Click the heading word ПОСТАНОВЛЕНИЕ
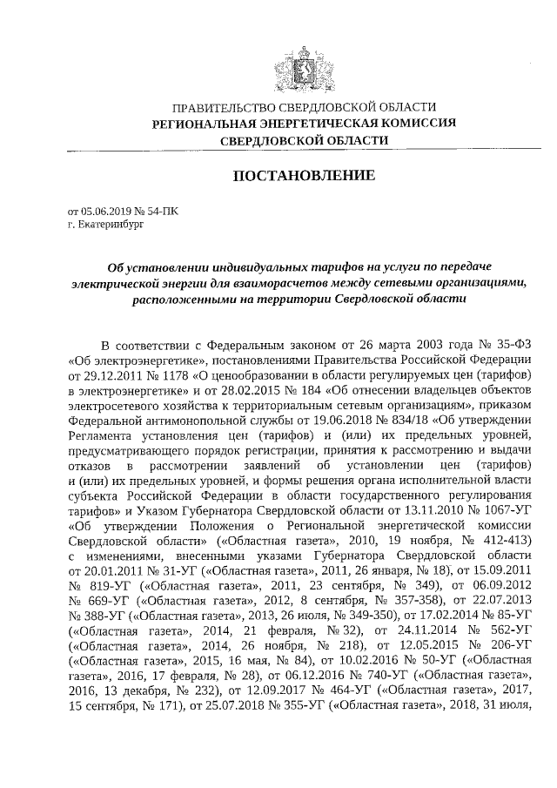(304, 176)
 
